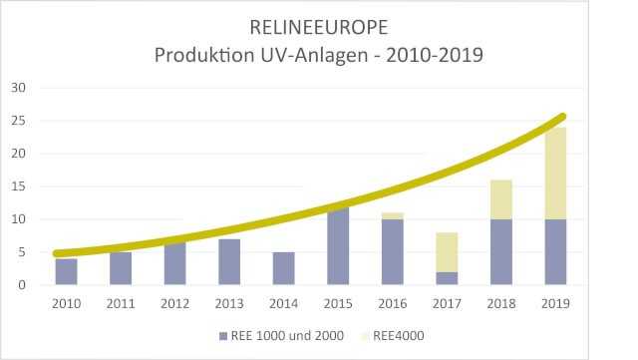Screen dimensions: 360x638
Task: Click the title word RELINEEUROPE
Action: pyautogui.click(x=319, y=26)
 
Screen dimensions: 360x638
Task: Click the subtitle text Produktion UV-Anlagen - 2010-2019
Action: pyautogui.click(x=319, y=55)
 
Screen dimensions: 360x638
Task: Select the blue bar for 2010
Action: pyautogui.click(x=66, y=272)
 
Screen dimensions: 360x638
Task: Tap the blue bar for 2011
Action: pyautogui.click(x=120, y=268)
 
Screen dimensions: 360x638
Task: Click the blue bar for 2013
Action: pyautogui.click(x=229, y=262)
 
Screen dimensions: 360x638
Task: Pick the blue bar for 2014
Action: pyautogui.click(x=283, y=268)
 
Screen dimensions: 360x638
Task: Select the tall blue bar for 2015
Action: pyautogui.click(x=338, y=247)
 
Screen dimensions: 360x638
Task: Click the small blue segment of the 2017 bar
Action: pyautogui.click(x=447, y=278)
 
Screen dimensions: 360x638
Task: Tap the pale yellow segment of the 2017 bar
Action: pyautogui.click(x=447, y=251)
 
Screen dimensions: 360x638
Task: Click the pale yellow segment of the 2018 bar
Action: pyautogui.click(x=500, y=199)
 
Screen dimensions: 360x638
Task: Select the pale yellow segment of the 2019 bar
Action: pyautogui.click(x=555, y=173)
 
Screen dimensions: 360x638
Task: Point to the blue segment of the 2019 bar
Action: pyautogui.click(x=555, y=252)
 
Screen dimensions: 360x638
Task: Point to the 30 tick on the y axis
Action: pyautogui.click(x=18, y=88)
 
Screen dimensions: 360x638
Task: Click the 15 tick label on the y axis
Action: pyautogui.click(x=18, y=186)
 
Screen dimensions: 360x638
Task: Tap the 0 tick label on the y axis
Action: pyautogui.click(x=21, y=285)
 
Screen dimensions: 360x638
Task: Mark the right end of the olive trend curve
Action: pyautogui.click(x=563, y=117)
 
